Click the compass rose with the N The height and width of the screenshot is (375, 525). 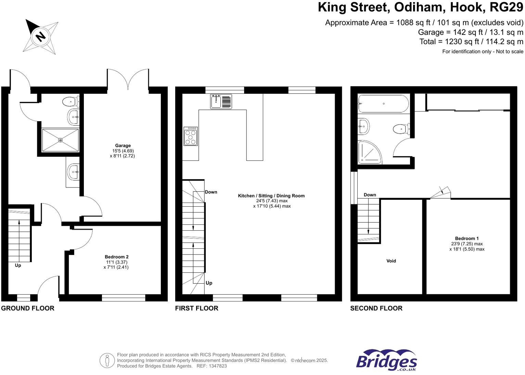41,36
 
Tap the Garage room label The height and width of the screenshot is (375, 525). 123,146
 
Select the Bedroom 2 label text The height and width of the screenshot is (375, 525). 116,257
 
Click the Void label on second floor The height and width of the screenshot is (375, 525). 391,261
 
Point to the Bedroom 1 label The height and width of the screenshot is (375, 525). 467,239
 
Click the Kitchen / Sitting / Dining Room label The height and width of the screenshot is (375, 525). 271,196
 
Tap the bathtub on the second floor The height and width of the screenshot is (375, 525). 383,104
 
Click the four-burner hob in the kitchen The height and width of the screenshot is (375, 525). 191,136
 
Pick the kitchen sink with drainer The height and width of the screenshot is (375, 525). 221,102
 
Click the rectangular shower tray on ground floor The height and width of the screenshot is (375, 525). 60,140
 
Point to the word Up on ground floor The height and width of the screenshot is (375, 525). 18,266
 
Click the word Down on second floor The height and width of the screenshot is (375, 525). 370,195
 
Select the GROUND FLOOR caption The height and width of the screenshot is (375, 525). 28,308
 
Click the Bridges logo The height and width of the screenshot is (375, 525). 386,360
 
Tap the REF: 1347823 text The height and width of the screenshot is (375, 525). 212,366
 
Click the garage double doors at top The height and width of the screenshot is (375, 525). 128,79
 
